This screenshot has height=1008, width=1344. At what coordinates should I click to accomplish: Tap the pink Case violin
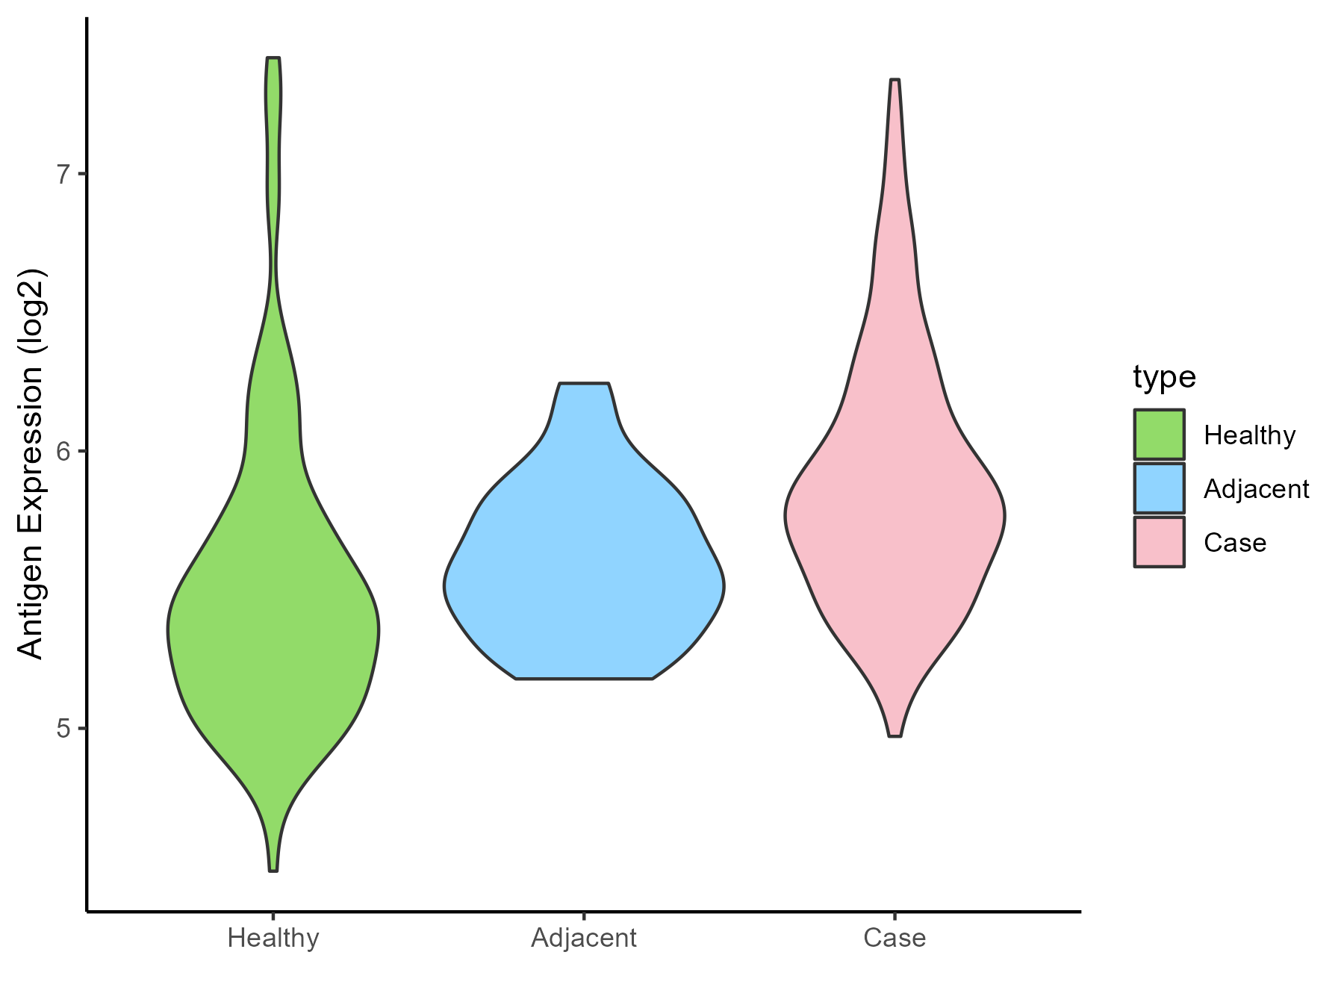click(895, 523)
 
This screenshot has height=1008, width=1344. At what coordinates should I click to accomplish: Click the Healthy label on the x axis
click(273, 938)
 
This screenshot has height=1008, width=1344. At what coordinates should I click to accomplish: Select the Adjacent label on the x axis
click(584, 938)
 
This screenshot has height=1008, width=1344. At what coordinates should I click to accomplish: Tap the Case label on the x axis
click(895, 938)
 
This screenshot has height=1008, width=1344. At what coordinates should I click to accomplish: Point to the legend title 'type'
click(1164, 377)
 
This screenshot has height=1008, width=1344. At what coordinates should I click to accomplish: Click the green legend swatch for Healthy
click(1159, 434)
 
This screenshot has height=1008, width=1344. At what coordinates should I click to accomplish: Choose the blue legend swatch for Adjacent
click(1159, 488)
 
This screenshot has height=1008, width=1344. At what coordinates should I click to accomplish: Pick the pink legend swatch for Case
click(1159, 542)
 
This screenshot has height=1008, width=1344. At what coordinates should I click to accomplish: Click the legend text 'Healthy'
click(1249, 435)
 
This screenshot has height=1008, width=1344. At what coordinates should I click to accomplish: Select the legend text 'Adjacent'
click(1256, 489)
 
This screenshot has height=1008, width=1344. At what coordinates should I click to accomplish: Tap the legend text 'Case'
click(1235, 543)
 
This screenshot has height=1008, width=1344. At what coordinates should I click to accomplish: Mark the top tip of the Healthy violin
click(273, 58)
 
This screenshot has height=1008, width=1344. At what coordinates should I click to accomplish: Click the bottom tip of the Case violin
click(895, 735)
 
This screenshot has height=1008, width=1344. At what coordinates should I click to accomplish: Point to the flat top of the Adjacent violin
click(584, 384)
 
